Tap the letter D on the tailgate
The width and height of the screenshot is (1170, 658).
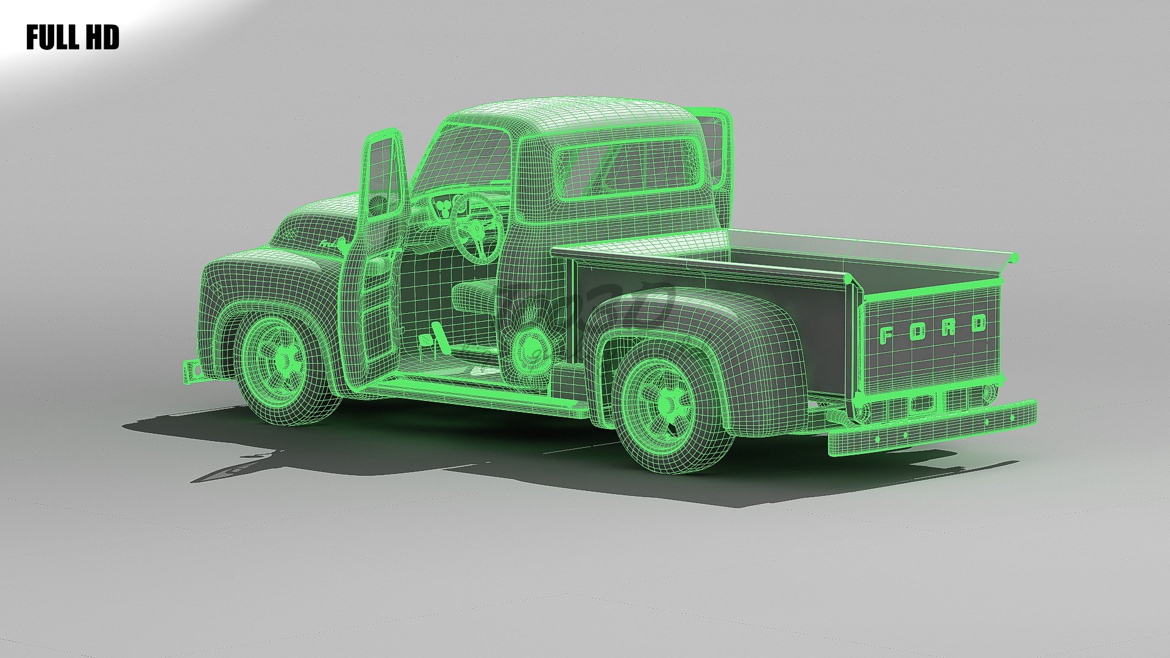978,323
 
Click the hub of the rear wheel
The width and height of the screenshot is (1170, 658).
668,402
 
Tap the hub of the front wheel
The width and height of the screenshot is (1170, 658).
283,361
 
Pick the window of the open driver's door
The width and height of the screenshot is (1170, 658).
382,177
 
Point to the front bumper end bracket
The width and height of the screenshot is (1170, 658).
191,370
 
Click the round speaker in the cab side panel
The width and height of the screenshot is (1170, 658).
530,346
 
